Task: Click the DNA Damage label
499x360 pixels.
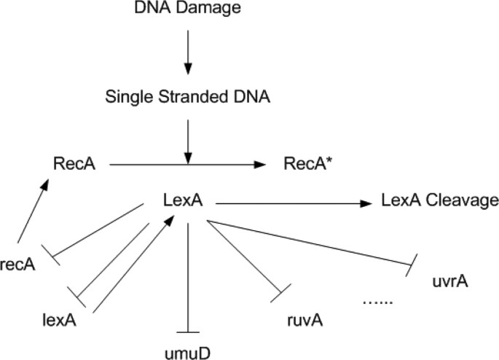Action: [188, 10]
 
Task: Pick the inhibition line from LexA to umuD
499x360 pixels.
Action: [188, 277]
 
